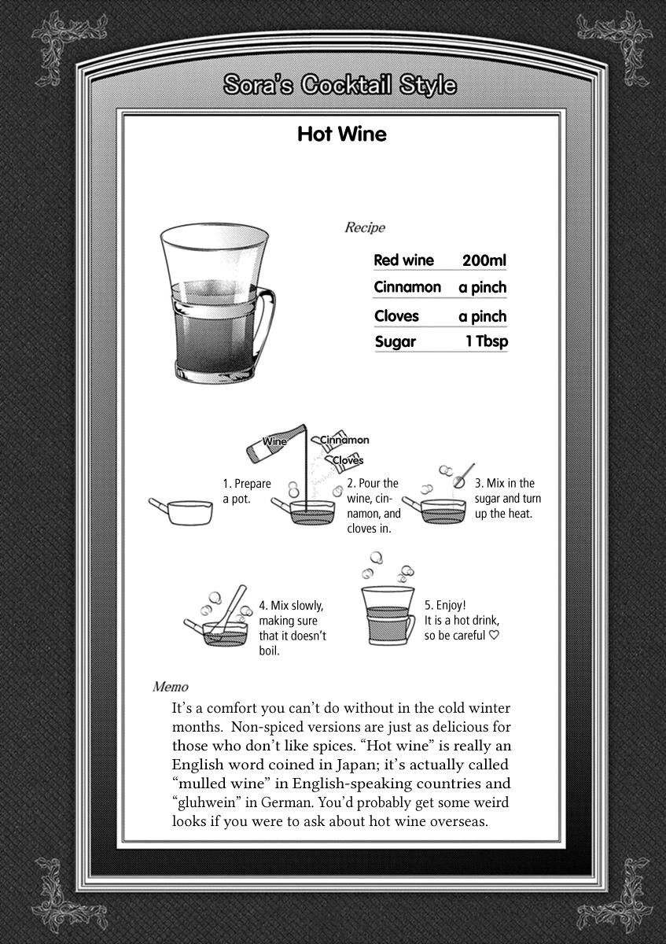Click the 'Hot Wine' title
(x=341, y=135)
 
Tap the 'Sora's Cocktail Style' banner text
(x=340, y=85)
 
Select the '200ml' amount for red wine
(x=484, y=260)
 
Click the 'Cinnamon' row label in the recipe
(x=407, y=287)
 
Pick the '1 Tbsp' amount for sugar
(x=486, y=342)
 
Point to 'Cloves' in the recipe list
(x=396, y=316)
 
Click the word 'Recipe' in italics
(x=365, y=228)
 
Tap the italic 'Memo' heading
(x=170, y=687)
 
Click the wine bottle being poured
(x=275, y=442)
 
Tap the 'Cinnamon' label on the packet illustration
(x=344, y=441)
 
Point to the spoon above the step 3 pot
(x=463, y=474)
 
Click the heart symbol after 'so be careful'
(x=494, y=636)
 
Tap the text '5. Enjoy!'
(x=445, y=606)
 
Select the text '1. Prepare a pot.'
(x=246, y=492)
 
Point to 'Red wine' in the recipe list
(x=403, y=260)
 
